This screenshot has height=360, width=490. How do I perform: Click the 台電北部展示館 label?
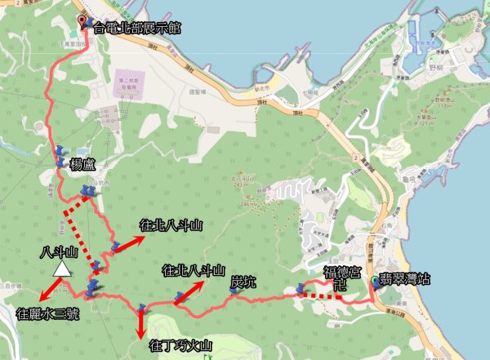coord(137,28)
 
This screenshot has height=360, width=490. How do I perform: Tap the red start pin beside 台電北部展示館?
coord(82,21)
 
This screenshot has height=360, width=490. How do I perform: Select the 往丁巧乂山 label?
coord(181,346)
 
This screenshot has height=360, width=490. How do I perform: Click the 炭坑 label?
coord(243,282)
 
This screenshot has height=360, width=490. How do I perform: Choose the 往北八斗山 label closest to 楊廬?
coord(171,224)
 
